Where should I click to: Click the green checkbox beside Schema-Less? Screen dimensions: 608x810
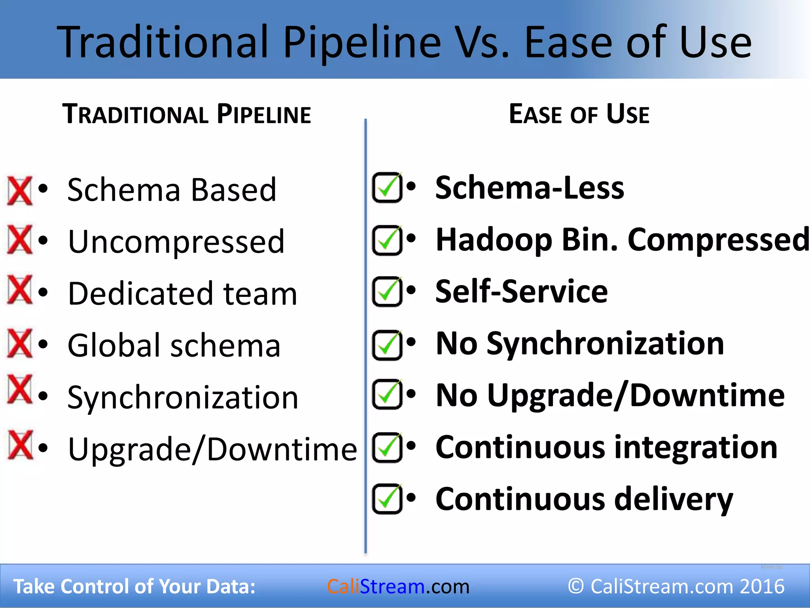pos(387,188)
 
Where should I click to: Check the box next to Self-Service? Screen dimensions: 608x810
pos(387,292)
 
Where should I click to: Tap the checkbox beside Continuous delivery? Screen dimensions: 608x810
pos(387,499)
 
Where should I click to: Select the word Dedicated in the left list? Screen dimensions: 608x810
pos(140,294)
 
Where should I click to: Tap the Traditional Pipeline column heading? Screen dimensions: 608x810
pos(187,114)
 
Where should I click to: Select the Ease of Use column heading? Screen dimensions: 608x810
pos(579,114)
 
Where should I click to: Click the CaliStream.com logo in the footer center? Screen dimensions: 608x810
pos(398,586)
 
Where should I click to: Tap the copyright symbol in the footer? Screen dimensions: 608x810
pos(576,586)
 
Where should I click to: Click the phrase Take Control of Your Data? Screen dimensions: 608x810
pos(134,586)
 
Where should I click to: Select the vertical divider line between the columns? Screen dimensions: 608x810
pos(365,336)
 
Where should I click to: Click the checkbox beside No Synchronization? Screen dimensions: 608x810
pos(387,345)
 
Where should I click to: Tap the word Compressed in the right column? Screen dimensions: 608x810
pos(718,240)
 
